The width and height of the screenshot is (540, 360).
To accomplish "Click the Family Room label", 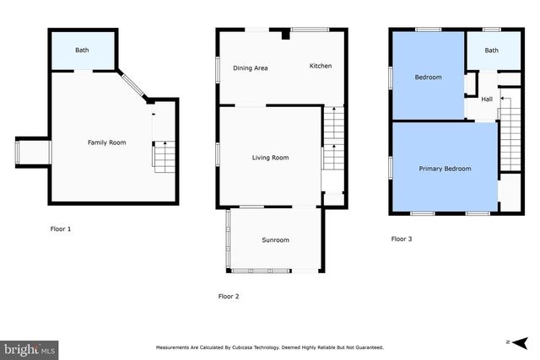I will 107,142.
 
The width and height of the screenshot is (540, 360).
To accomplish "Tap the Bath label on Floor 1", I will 82,51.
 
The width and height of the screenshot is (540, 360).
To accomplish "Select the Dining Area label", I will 250,68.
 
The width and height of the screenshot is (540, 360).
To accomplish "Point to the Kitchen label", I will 321,66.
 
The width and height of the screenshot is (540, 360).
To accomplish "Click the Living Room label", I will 270,158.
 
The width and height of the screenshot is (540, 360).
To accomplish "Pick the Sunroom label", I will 275,240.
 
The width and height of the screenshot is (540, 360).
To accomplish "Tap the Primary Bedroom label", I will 445,169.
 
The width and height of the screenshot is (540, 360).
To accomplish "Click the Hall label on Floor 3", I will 487,99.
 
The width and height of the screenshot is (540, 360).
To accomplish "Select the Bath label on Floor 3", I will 491,51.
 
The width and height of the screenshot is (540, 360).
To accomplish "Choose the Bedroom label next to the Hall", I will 428,78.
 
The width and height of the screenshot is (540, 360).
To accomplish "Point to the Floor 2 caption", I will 229,296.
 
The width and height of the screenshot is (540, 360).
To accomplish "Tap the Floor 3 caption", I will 402,239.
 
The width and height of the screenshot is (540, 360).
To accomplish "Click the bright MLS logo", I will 30,347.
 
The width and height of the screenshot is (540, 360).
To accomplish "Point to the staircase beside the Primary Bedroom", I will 509,139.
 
